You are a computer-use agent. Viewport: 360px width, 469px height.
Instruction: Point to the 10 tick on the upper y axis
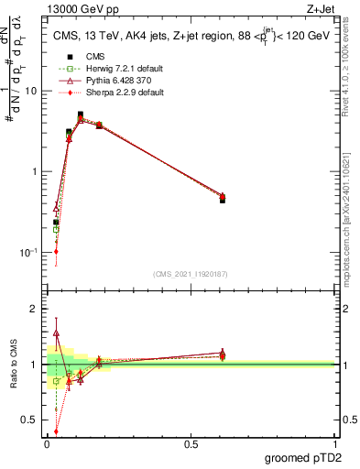(34, 92)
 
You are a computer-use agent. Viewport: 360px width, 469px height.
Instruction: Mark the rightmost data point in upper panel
(223, 198)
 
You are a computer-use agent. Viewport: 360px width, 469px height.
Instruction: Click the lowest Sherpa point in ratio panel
(56, 431)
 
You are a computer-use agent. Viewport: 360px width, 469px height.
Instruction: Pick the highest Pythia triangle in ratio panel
(56, 334)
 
